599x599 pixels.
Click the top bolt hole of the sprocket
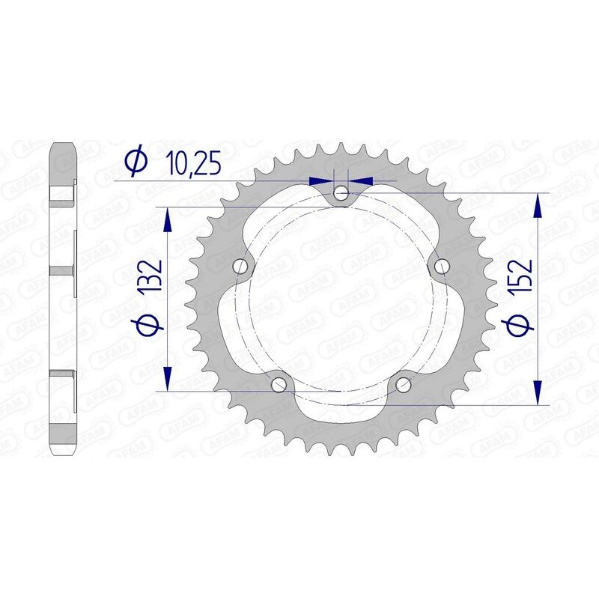[x=341, y=193]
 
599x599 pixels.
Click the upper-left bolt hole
[x=241, y=266]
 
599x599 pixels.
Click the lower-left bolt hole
[x=279, y=384]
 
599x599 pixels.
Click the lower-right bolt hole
[x=404, y=384]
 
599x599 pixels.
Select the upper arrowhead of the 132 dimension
[x=167, y=219]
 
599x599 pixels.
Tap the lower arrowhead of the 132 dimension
[x=167, y=378]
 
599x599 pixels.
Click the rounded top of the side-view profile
[x=63, y=145]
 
